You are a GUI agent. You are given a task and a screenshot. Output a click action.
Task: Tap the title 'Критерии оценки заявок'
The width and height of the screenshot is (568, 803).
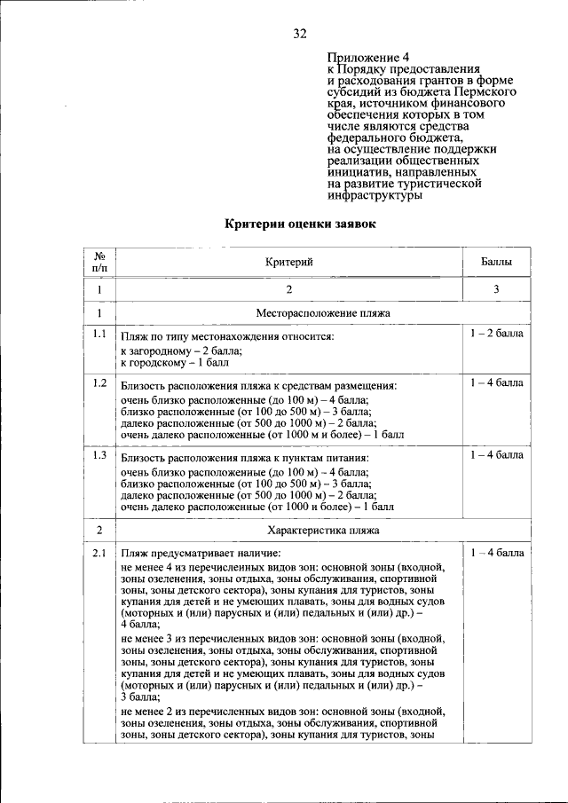[300, 224]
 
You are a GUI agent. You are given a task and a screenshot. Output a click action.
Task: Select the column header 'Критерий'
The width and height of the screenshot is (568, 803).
[289, 262]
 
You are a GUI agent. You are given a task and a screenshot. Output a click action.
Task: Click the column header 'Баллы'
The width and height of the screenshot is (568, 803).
[496, 262]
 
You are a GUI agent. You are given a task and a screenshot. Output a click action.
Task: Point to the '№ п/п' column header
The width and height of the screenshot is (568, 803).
[100, 262]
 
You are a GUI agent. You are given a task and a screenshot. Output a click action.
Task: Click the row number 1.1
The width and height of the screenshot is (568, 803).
[99, 335]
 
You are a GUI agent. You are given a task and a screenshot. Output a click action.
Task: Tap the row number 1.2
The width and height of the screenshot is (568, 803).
[99, 384]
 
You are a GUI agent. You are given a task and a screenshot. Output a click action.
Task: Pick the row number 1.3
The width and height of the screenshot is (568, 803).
[99, 456]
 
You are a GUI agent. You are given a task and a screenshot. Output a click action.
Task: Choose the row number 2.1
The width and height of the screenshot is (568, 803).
[99, 555]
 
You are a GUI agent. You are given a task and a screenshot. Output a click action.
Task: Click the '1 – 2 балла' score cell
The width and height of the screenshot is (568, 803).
[497, 335]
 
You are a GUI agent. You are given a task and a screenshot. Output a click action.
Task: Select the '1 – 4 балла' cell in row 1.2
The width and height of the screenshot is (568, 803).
[497, 383]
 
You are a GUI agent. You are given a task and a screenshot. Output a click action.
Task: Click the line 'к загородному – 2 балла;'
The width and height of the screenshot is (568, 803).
[181, 351]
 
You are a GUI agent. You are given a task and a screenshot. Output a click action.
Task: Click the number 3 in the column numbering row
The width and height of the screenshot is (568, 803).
[496, 289]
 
